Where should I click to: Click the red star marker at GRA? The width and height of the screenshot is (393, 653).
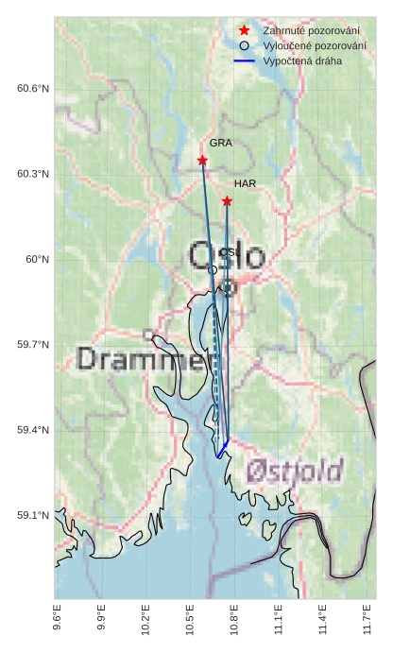pos(202,161)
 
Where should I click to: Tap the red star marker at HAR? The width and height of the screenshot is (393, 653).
pos(227,201)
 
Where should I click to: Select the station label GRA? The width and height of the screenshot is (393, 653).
pos(220,144)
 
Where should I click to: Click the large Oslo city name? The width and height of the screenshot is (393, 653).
pos(227,256)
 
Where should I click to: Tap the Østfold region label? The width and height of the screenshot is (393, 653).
pos(294,471)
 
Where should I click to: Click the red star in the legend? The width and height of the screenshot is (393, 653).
pos(245,30)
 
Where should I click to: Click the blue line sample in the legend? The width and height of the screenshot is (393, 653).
pos(245,60)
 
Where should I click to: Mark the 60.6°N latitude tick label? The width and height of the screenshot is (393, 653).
pos(33,89)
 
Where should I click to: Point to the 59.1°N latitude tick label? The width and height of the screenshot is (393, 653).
pos(33,516)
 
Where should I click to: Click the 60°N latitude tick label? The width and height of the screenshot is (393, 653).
pos(37,260)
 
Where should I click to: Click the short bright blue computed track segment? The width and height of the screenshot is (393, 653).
pos(223,449)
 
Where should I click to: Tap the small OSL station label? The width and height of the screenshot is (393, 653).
pos(227,252)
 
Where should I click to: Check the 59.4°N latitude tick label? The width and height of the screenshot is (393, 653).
pos(33,431)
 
